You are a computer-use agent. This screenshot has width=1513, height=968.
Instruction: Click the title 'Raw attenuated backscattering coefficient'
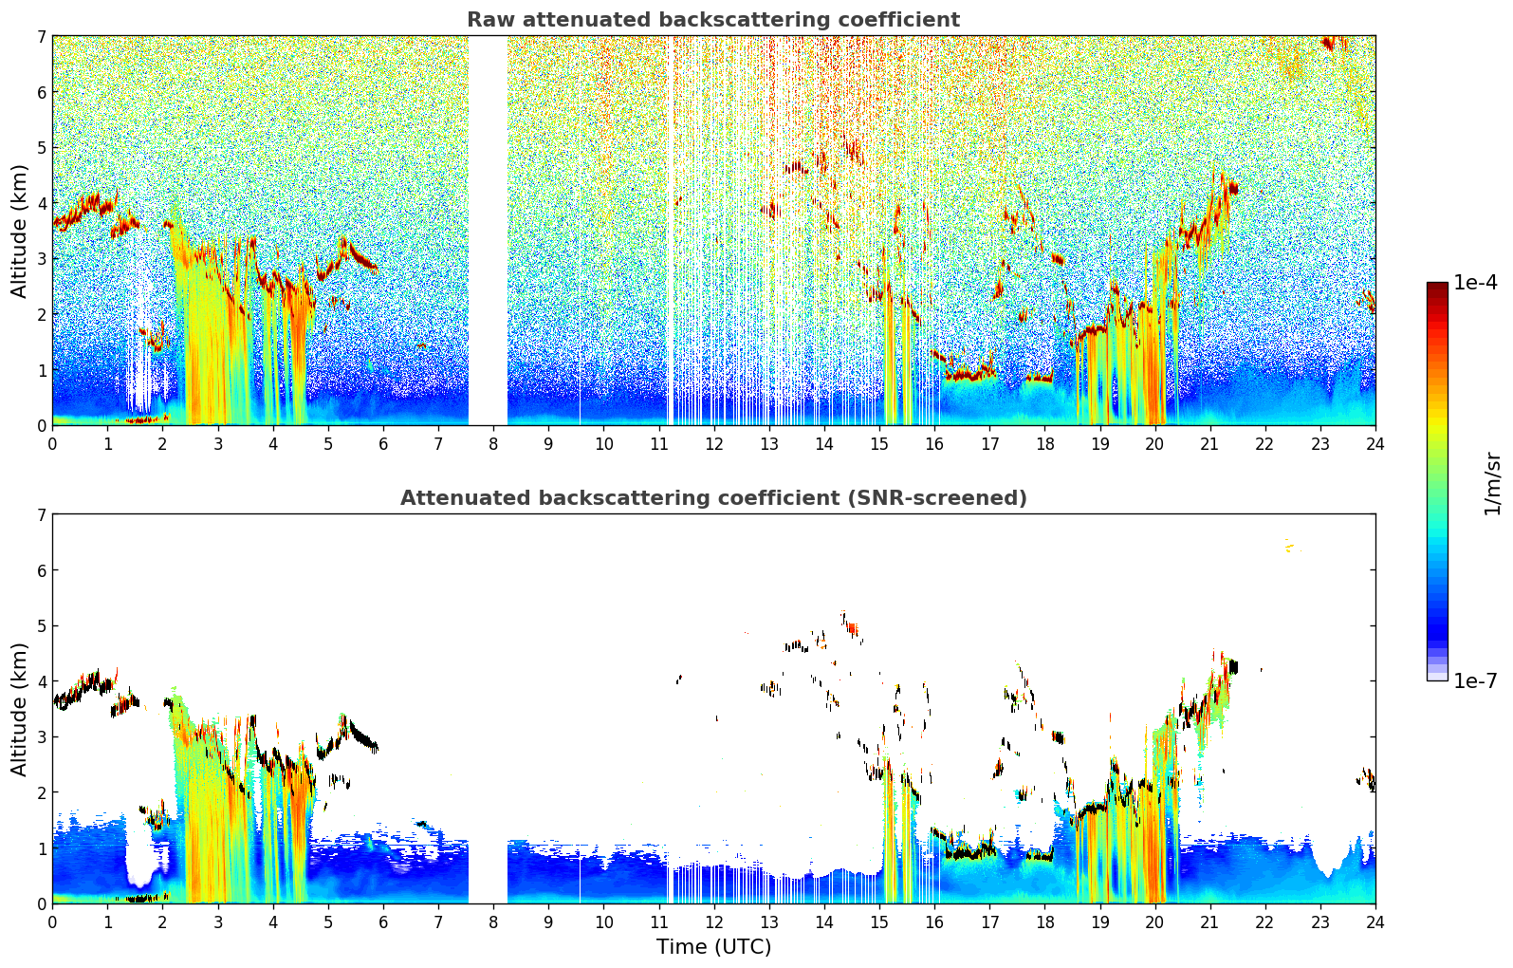[x=713, y=20]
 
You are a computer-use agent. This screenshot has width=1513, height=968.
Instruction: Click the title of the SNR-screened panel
[x=713, y=498]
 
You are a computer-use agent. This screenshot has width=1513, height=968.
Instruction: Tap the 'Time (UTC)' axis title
[x=713, y=947]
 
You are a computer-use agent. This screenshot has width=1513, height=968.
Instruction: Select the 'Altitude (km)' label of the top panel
[x=20, y=231]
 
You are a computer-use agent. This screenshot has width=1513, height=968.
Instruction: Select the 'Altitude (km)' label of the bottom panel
[x=20, y=709]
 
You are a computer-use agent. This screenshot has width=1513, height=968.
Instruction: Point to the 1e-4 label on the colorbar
[x=1475, y=283]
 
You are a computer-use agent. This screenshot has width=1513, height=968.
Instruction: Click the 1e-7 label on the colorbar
[x=1475, y=680]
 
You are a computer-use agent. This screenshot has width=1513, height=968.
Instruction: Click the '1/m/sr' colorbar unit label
[x=1492, y=483]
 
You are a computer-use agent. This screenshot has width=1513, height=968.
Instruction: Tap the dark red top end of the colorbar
[x=1437, y=287]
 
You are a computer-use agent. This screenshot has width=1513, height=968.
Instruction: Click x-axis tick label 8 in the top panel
[x=493, y=443]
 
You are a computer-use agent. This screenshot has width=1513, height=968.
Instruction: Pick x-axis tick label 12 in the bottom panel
[x=713, y=921]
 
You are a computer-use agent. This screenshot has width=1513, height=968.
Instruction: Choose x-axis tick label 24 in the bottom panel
[x=1375, y=921]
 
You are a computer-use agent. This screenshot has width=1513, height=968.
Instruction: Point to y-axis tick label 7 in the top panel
[x=41, y=37]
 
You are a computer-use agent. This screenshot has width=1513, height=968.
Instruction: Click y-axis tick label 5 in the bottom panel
[x=41, y=626]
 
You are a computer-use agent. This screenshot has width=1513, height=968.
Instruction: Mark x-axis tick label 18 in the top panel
[x=1044, y=443]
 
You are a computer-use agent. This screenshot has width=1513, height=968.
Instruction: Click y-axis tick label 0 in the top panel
[x=41, y=426]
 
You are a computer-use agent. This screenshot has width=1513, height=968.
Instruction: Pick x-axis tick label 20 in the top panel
[x=1154, y=443]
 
